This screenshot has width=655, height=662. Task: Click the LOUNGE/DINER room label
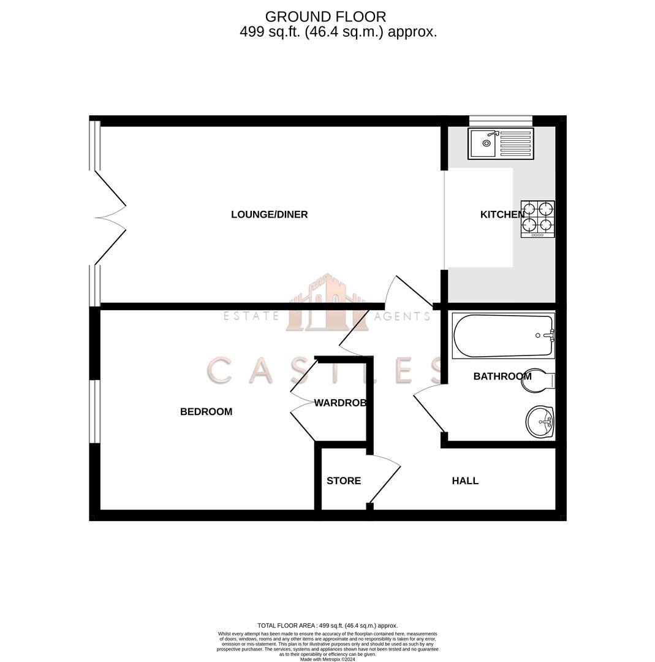pos(269,215)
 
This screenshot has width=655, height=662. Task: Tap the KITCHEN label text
pos(502,215)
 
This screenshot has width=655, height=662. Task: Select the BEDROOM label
pos(206,412)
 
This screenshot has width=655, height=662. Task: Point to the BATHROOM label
pos(502,376)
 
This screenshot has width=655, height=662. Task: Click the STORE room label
pos(343,481)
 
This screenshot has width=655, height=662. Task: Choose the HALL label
pos(465,481)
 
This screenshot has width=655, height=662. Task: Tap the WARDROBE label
pos(340,403)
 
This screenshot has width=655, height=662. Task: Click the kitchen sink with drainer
pos(501,143)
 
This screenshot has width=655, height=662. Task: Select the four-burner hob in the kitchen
pos(538,219)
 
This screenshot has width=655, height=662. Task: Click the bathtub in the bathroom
pos(503,336)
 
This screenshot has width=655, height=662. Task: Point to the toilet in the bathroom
pos(537,380)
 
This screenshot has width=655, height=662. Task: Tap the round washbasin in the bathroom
pos(540,422)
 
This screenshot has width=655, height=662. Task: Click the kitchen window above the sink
pos(501,120)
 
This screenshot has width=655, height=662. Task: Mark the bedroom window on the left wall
pos(94,411)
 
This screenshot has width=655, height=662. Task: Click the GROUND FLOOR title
pos(325,17)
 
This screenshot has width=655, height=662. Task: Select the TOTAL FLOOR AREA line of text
pos(327,626)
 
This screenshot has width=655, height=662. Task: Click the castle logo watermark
pos(327,303)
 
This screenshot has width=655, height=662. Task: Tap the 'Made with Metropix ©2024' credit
pos(327,659)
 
